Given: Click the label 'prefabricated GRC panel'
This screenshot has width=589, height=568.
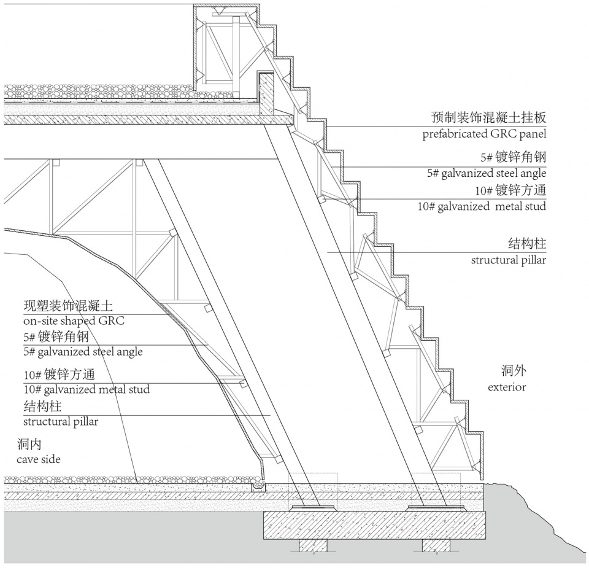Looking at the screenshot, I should (483, 134).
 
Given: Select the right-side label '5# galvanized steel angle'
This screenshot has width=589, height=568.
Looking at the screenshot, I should (486, 174).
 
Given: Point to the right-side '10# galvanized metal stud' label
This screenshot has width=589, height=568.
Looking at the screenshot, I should (482, 206).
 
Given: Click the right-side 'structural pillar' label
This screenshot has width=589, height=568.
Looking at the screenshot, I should (508, 260).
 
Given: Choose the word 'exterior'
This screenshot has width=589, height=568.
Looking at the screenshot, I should (507, 387).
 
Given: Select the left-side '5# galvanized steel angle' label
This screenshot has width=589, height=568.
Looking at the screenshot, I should (83, 352).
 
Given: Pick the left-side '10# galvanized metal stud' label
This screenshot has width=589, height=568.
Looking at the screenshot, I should (87, 389).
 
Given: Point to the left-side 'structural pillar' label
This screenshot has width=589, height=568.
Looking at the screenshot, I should (61, 422).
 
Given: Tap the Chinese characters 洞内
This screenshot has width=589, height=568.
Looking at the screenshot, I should (29, 443).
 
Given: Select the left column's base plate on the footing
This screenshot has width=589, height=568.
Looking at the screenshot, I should (314, 507).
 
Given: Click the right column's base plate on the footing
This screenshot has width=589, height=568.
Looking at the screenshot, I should (436, 507).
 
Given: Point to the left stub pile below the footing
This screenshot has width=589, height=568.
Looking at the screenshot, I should (313, 545).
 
